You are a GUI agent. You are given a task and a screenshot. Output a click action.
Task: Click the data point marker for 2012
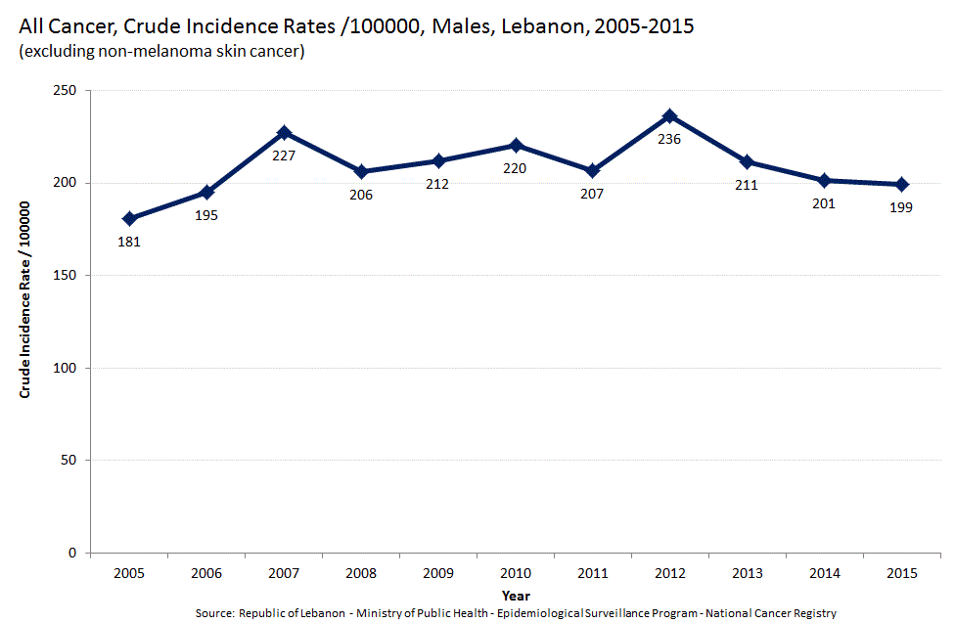tap(669, 116)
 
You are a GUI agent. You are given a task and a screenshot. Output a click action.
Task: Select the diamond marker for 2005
tap(129, 218)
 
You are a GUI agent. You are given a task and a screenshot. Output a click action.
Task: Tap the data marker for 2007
tap(284, 132)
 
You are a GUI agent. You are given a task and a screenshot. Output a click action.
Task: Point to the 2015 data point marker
tap(901, 184)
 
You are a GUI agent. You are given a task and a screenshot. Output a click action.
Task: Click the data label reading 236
tap(669, 139)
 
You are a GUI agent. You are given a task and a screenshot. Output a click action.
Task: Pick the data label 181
tap(129, 241)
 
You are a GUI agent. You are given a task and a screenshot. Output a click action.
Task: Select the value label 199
tap(901, 207)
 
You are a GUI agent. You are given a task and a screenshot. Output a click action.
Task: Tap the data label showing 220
tap(515, 168)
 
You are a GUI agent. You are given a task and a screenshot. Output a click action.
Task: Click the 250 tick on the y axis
tap(68, 91)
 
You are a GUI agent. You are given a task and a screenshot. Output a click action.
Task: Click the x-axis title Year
tap(516, 595)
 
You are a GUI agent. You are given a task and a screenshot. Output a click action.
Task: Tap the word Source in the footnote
tap(214, 613)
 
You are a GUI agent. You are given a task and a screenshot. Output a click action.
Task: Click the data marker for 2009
tap(438, 160)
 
